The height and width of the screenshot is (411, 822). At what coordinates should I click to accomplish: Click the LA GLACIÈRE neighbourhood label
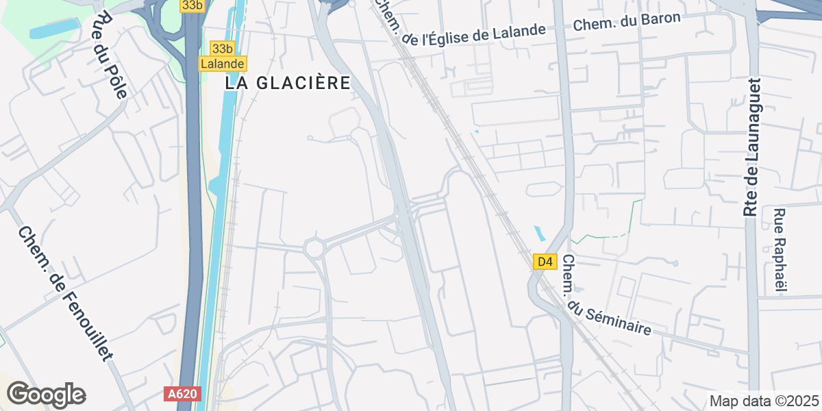pos(288,83)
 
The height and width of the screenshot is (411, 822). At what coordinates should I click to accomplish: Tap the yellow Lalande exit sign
pos(223,64)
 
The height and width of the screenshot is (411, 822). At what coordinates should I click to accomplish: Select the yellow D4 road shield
pos(544,262)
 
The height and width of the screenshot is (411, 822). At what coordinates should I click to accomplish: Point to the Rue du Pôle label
pos(112,55)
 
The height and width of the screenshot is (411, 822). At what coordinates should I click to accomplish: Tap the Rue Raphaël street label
pos(780,250)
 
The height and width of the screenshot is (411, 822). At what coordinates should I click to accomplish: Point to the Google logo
pos(46,395)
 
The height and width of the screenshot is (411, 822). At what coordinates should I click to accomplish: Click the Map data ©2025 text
pos(764,401)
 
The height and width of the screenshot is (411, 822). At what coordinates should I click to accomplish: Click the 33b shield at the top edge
pos(192,5)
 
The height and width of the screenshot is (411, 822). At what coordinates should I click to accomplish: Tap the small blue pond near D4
pos(539,234)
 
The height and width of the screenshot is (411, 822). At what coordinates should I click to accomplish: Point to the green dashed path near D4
pos(603,236)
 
